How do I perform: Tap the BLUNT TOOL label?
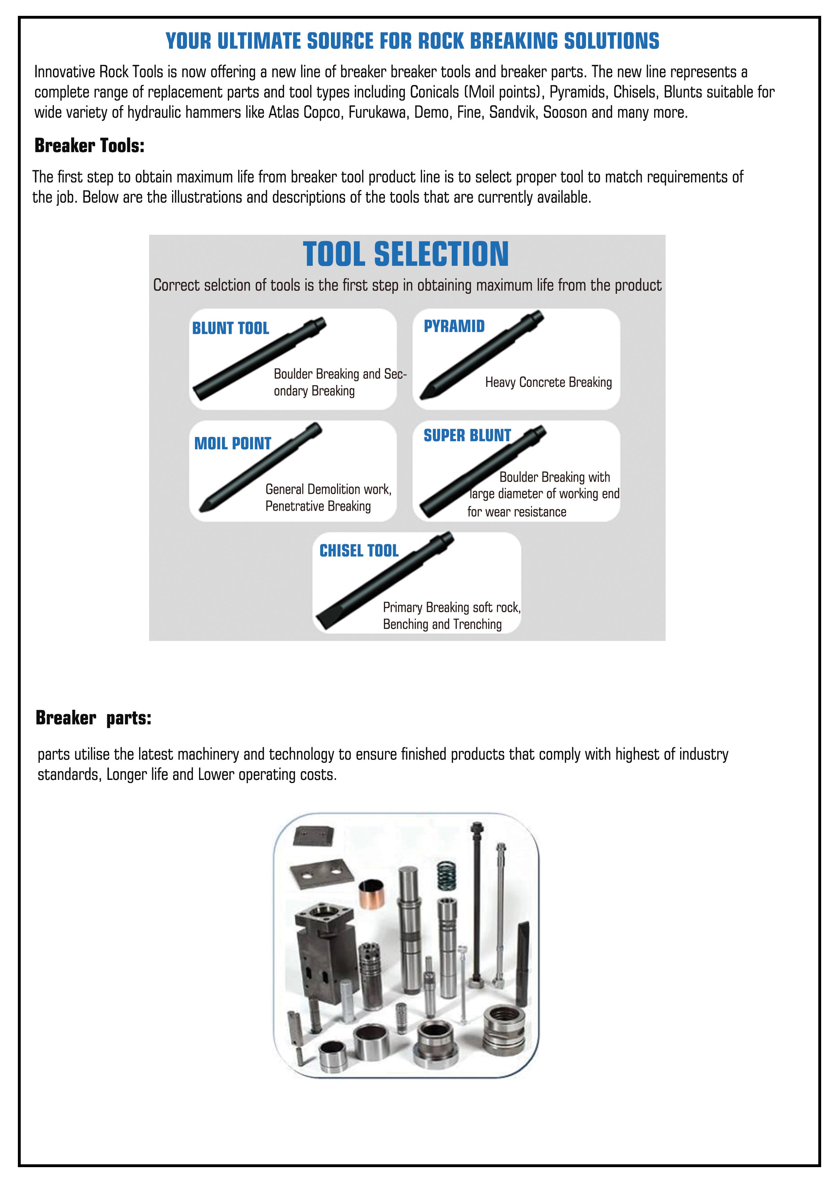[230, 328]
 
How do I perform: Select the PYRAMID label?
[454, 326]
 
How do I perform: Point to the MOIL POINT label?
[232, 443]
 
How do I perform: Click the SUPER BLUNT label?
[467, 435]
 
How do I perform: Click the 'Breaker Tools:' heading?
[89, 146]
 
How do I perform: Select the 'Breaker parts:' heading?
[93, 718]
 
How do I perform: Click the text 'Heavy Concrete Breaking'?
[548, 382]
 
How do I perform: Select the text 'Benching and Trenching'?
[442, 624]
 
